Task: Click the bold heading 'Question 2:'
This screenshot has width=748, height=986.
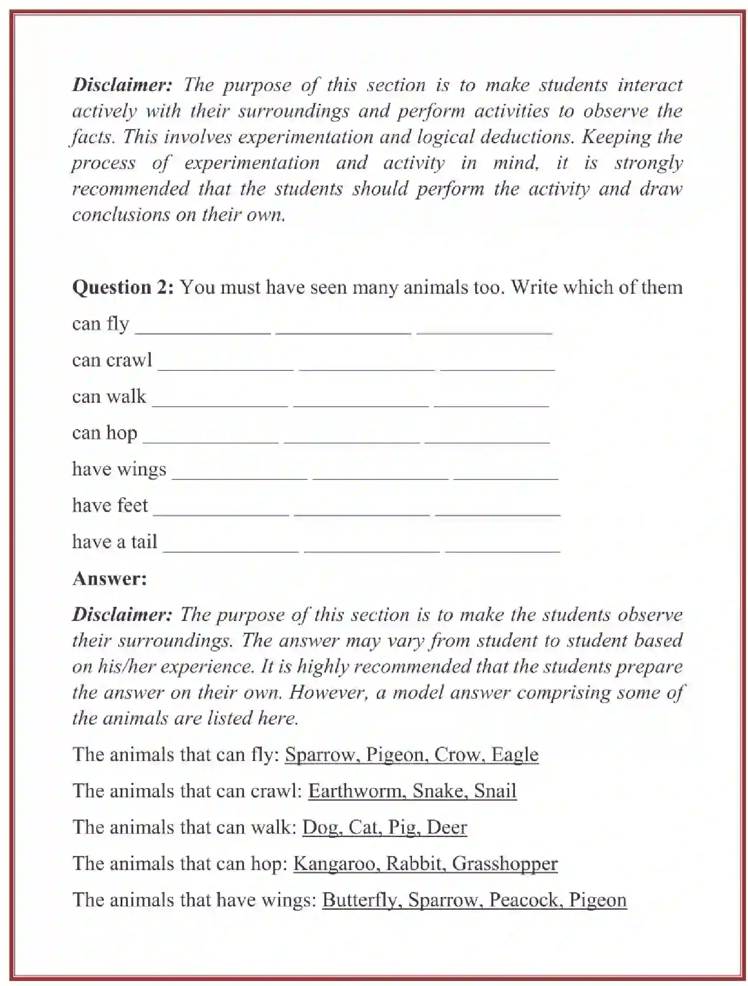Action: point(123,288)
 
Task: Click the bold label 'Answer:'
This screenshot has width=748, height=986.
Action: point(109,579)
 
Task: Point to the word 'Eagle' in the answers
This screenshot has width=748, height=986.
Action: point(515,754)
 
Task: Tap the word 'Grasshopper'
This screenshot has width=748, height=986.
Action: point(505,864)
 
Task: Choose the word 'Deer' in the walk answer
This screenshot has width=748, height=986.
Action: point(447,827)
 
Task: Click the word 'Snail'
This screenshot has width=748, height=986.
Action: point(495,791)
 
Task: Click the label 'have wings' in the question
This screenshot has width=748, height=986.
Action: point(119,469)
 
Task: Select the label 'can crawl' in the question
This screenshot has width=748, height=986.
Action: point(112,360)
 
